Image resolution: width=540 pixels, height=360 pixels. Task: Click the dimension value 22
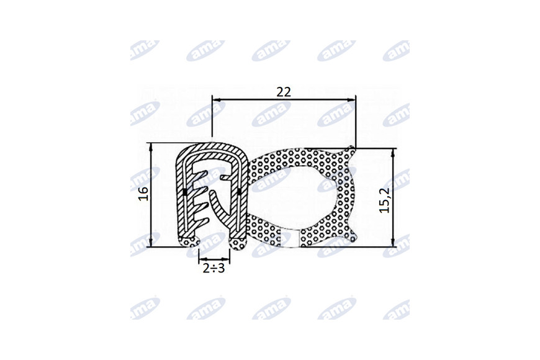click(284, 92)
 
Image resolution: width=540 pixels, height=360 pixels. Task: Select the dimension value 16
click(143, 194)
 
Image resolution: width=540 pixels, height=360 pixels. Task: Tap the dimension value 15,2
click(385, 200)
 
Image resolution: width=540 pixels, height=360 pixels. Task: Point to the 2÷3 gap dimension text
click(214, 268)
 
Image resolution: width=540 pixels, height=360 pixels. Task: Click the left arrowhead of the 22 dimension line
click(216, 101)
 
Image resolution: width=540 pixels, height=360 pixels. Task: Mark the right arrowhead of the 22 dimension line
click(351, 101)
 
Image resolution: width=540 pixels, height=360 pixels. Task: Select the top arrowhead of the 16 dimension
click(151, 148)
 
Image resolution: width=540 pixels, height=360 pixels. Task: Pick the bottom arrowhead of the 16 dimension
click(151, 242)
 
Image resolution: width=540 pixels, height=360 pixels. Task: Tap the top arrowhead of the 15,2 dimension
click(392, 153)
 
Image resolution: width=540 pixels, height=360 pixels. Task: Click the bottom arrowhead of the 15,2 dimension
click(392, 242)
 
